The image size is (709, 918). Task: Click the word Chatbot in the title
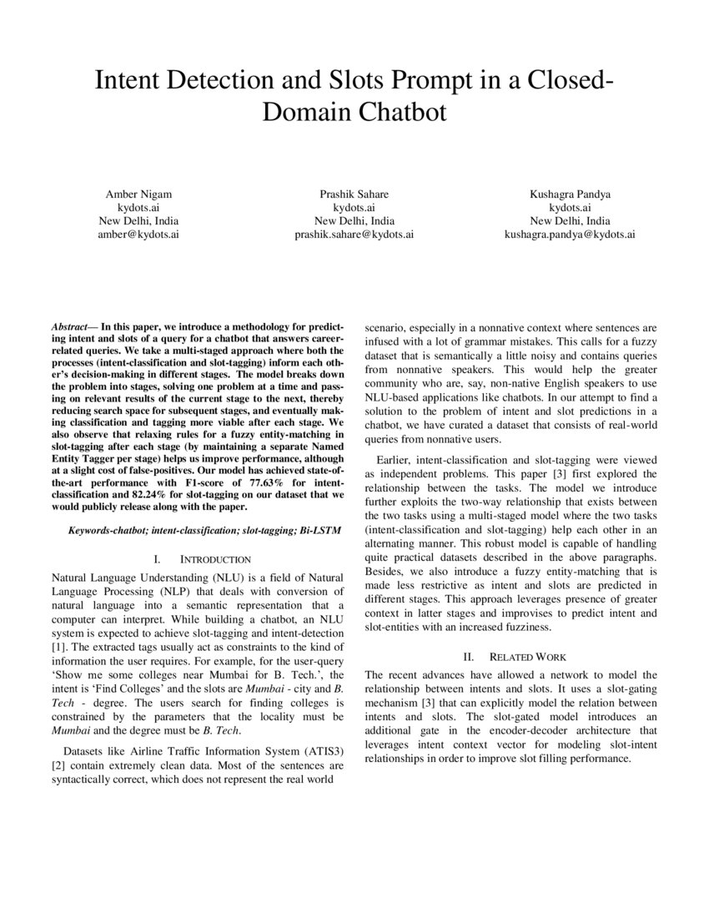click(x=400, y=111)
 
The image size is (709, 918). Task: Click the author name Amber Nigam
click(x=138, y=194)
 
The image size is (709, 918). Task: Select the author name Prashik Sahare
click(x=354, y=194)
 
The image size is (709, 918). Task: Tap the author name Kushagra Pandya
click(x=570, y=194)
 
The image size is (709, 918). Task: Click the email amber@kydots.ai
click(x=138, y=235)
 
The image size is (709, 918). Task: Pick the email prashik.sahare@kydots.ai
click(x=354, y=235)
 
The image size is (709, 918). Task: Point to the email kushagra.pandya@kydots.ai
click(x=570, y=235)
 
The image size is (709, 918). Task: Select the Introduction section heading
click(x=215, y=558)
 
